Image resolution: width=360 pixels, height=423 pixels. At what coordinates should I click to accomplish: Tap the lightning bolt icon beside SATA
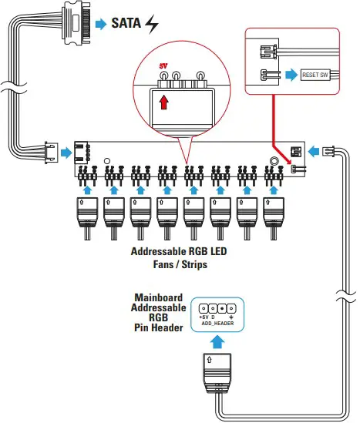[x=153, y=25]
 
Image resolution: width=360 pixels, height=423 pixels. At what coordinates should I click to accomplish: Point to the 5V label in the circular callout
[x=163, y=67]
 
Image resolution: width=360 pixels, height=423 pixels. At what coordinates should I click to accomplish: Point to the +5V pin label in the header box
[x=204, y=317]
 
